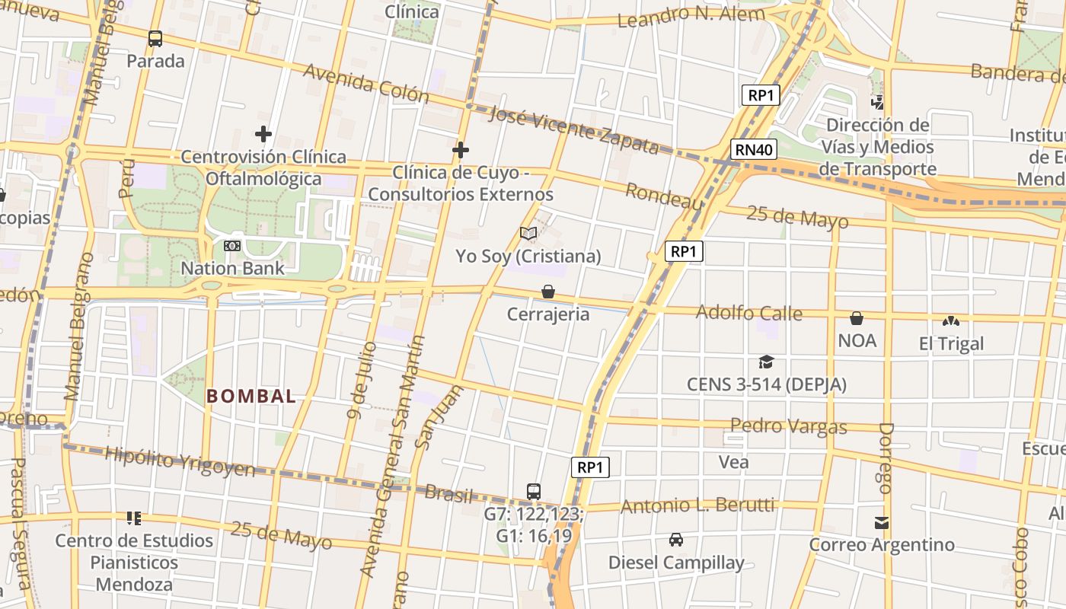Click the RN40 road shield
pyautogui.click(x=755, y=149)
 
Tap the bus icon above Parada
pyautogui.click(x=155, y=38)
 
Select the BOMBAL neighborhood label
pyautogui.click(x=251, y=396)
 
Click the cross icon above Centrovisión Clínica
pyautogui.click(x=263, y=134)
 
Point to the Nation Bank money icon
pyautogui.click(x=232, y=245)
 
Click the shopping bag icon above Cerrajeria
pyautogui.click(x=547, y=292)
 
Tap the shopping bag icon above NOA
pyautogui.click(x=857, y=318)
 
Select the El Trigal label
pyautogui.click(x=951, y=343)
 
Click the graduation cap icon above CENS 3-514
pyautogui.click(x=766, y=362)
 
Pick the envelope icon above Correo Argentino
pyautogui.click(x=882, y=523)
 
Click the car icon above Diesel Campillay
pyautogui.click(x=675, y=540)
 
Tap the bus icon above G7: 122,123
pyautogui.click(x=534, y=491)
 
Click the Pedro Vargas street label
pyautogui.click(x=788, y=426)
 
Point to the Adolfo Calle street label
pyautogui.click(x=748, y=312)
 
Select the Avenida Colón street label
pyautogui.click(x=366, y=82)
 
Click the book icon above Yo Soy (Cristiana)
pyautogui.click(x=528, y=233)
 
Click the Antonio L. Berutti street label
pyautogui.click(x=697, y=505)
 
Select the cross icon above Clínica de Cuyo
pyautogui.click(x=460, y=150)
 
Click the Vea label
pyautogui.click(x=733, y=461)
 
